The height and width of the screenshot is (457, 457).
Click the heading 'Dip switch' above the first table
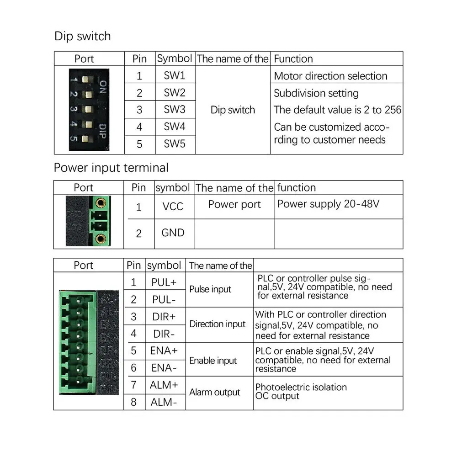point(82,36)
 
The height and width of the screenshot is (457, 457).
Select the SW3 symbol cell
point(175,109)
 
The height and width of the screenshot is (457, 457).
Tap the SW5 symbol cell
point(175,143)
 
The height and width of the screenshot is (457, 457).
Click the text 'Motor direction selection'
point(330,76)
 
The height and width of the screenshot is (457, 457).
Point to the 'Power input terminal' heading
point(111,168)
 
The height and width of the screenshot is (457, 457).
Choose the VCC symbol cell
point(173,207)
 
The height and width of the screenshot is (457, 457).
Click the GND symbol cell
point(173,233)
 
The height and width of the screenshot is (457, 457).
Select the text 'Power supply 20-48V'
point(329,204)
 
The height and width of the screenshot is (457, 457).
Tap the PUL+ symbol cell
point(164,282)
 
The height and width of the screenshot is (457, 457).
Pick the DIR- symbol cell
point(164,334)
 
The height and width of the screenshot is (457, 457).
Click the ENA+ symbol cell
point(164,351)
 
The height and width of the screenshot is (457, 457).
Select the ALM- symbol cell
point(164,402)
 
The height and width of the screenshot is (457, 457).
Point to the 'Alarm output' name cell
point(215,392)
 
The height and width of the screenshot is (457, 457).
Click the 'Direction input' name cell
point(218,324)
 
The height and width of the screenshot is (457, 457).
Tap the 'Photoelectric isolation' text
point(301,387)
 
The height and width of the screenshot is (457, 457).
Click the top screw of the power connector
point(101,202)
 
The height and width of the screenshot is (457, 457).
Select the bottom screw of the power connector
point(101,239)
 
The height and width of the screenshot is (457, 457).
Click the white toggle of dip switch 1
point(85,79)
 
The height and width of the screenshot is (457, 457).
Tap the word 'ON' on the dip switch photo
point(103,87)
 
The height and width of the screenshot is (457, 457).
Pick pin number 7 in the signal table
point(133,385)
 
